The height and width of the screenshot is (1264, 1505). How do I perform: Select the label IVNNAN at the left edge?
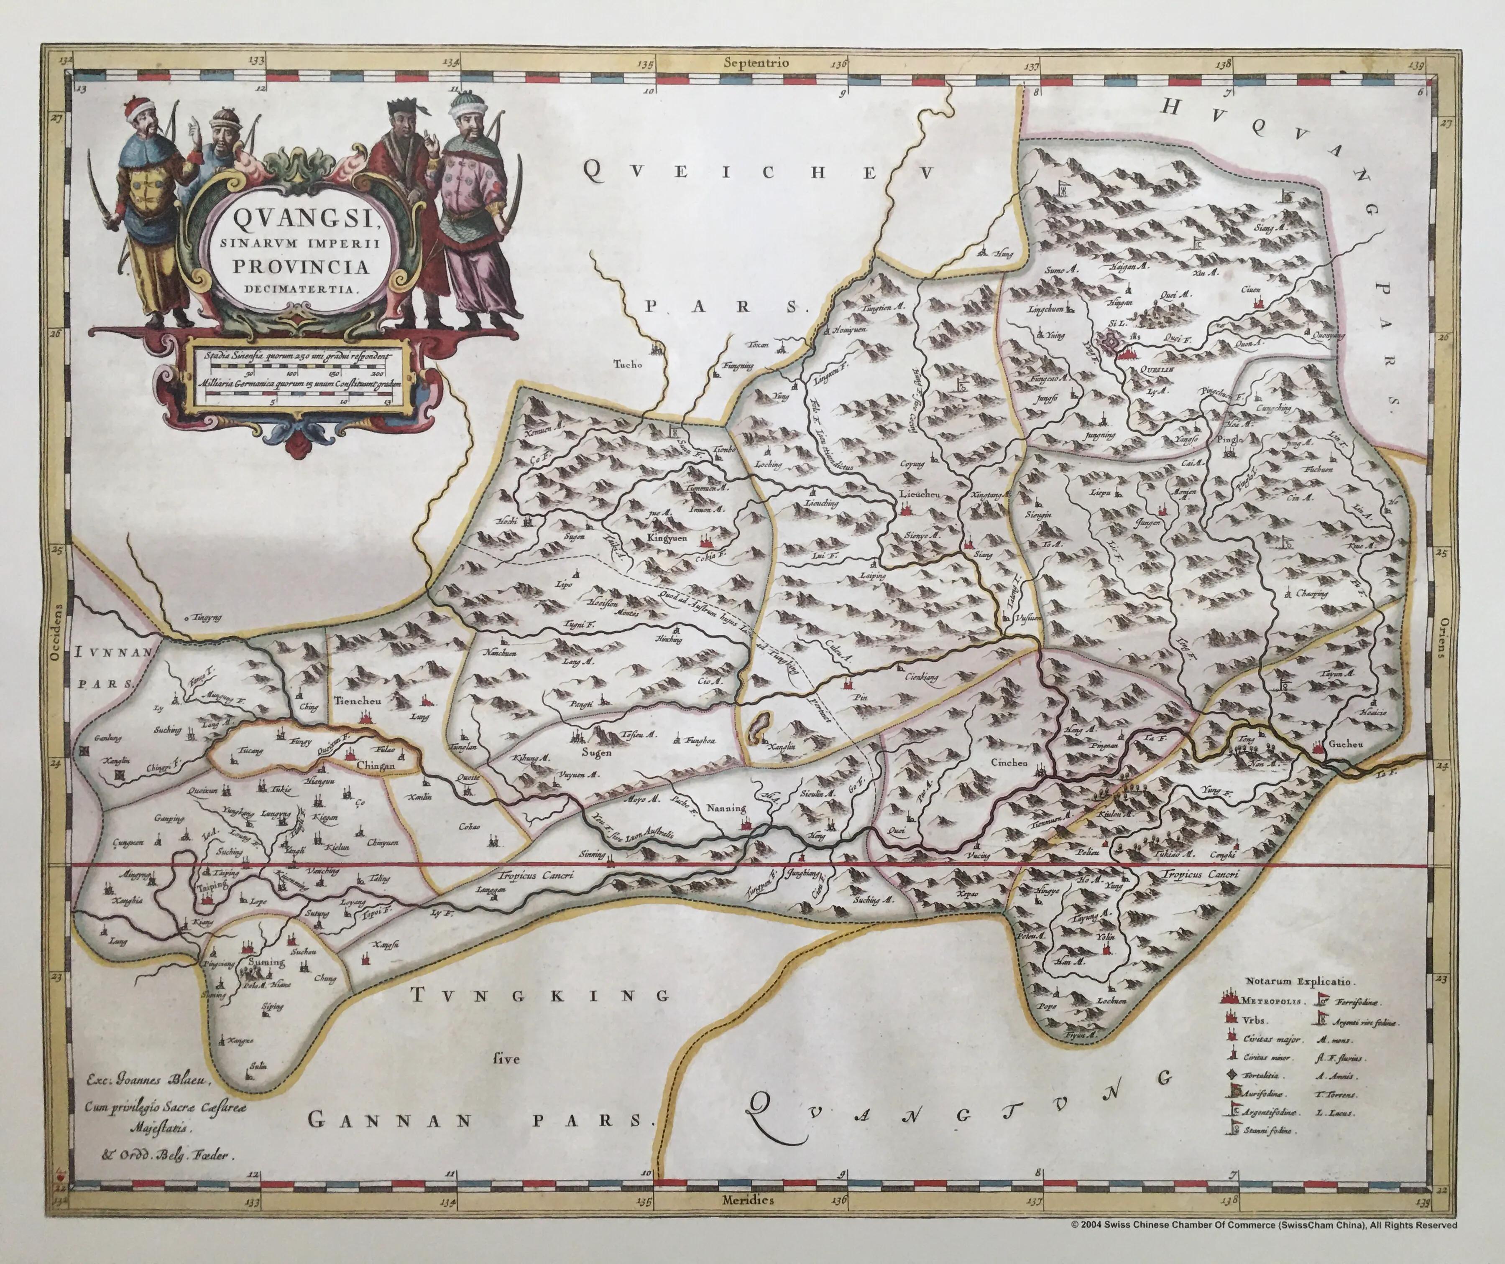click(x=114, y=653)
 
